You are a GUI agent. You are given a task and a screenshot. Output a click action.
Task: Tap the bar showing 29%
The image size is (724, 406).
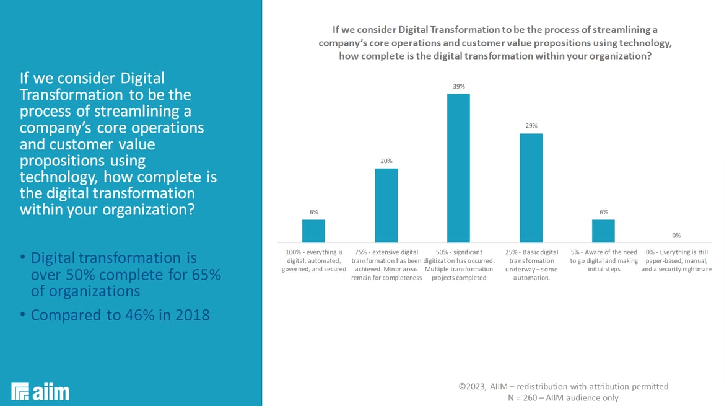pos(531,187)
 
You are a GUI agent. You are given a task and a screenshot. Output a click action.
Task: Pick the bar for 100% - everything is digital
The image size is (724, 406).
pos(313,231)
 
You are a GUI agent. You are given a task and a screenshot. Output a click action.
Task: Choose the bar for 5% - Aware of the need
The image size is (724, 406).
pos(603,231)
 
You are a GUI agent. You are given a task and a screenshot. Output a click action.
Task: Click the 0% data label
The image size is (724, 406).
pos(676,236)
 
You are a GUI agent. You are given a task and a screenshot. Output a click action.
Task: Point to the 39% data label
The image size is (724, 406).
pos(458,87)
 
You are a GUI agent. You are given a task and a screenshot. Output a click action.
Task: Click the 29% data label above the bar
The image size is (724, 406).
pos(531,126)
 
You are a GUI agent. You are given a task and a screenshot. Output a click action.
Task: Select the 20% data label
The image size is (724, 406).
pos(386,161)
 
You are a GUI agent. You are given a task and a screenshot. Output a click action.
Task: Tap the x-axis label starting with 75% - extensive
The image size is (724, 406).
pos(386,265)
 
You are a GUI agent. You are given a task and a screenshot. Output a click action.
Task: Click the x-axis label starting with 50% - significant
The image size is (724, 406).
pos(458,265)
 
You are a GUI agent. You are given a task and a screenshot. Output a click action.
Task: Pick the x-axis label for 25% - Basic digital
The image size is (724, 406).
pos(531,265)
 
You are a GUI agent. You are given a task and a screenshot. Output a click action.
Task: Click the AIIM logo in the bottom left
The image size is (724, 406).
pos(40,391)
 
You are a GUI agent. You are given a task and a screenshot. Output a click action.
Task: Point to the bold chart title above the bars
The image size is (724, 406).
pos(495,42)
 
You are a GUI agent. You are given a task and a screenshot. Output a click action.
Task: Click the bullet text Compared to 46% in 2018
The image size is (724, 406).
pos(120,315)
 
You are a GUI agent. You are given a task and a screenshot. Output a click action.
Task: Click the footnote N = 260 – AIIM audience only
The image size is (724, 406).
pos(563,398)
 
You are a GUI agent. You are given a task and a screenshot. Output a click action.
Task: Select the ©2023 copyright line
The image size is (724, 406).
pos(563,386)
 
